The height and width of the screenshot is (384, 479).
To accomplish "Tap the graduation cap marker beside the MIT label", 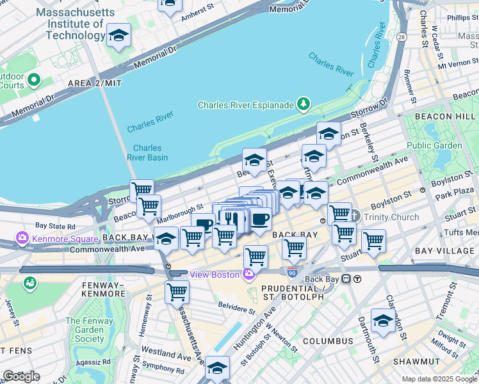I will (x=119, y=37).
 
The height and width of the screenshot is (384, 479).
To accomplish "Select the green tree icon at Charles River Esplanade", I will (x=303, y=104).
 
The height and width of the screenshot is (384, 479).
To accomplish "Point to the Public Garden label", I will (x=434, y=145).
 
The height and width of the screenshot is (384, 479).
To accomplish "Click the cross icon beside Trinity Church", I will (x=356, y=217).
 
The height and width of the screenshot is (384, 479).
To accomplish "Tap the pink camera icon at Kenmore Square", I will (x=23, y=239).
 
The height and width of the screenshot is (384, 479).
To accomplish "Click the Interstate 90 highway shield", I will (x=292, y=272).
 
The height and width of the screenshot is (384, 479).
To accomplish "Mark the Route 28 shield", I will (x=401, y=38).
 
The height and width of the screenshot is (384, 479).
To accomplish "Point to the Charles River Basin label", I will (x=147, y=152).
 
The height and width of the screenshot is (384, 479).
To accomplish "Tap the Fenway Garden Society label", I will (x=85, y=330).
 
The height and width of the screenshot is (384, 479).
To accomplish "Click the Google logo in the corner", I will (x=21, y=376).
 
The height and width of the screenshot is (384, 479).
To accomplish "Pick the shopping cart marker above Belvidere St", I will (x=256, y=257).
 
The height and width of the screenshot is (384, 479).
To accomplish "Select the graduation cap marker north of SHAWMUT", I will (x=384, y=321).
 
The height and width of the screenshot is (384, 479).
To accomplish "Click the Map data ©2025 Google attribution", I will (x=439, y=379).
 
